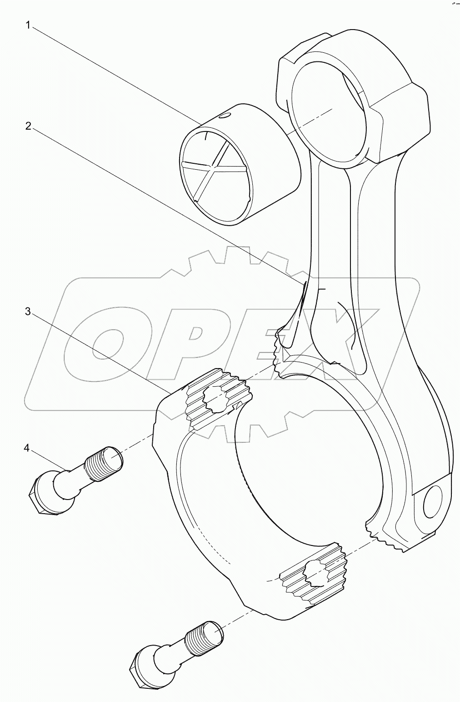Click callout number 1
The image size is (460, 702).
click(x=28, y=25)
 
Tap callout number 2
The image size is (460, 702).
click(x=28, y=126)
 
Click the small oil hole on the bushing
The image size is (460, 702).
click(x=222, y=116)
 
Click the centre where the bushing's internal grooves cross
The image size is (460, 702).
click(x=215, y=167)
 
